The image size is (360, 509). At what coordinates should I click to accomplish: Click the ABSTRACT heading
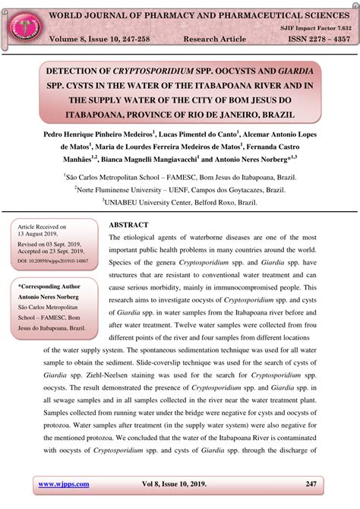128,225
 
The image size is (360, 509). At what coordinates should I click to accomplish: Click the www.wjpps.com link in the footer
64,484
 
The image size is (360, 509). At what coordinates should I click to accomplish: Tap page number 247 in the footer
311,484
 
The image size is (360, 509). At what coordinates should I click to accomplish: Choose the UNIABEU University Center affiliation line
179,203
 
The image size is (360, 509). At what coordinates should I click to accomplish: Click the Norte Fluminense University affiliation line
180,189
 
